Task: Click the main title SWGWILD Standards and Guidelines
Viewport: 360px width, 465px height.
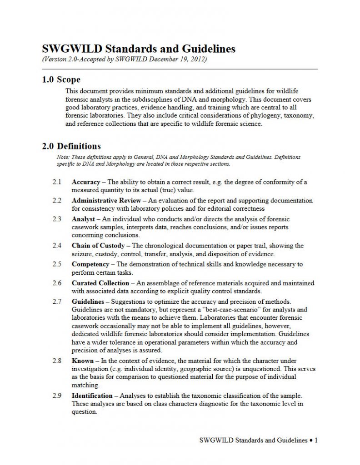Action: [x=139, y=49]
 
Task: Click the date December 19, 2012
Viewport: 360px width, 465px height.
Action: [x=180, y=59]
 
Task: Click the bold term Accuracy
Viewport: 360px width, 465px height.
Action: [x=86, y=182]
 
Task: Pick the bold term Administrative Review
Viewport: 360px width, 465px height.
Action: [x=104, y=200]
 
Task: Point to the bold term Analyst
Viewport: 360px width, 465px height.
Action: [x=83, y=219]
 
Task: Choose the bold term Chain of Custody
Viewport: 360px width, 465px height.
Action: [x=98, y=246]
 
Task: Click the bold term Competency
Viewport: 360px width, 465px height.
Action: [x=90, y=264]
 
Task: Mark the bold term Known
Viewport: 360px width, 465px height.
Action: [x=83, y=361]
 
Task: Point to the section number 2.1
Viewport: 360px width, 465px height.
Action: [x=57, y=182]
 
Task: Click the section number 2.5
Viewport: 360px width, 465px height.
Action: [x=57, y=264]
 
